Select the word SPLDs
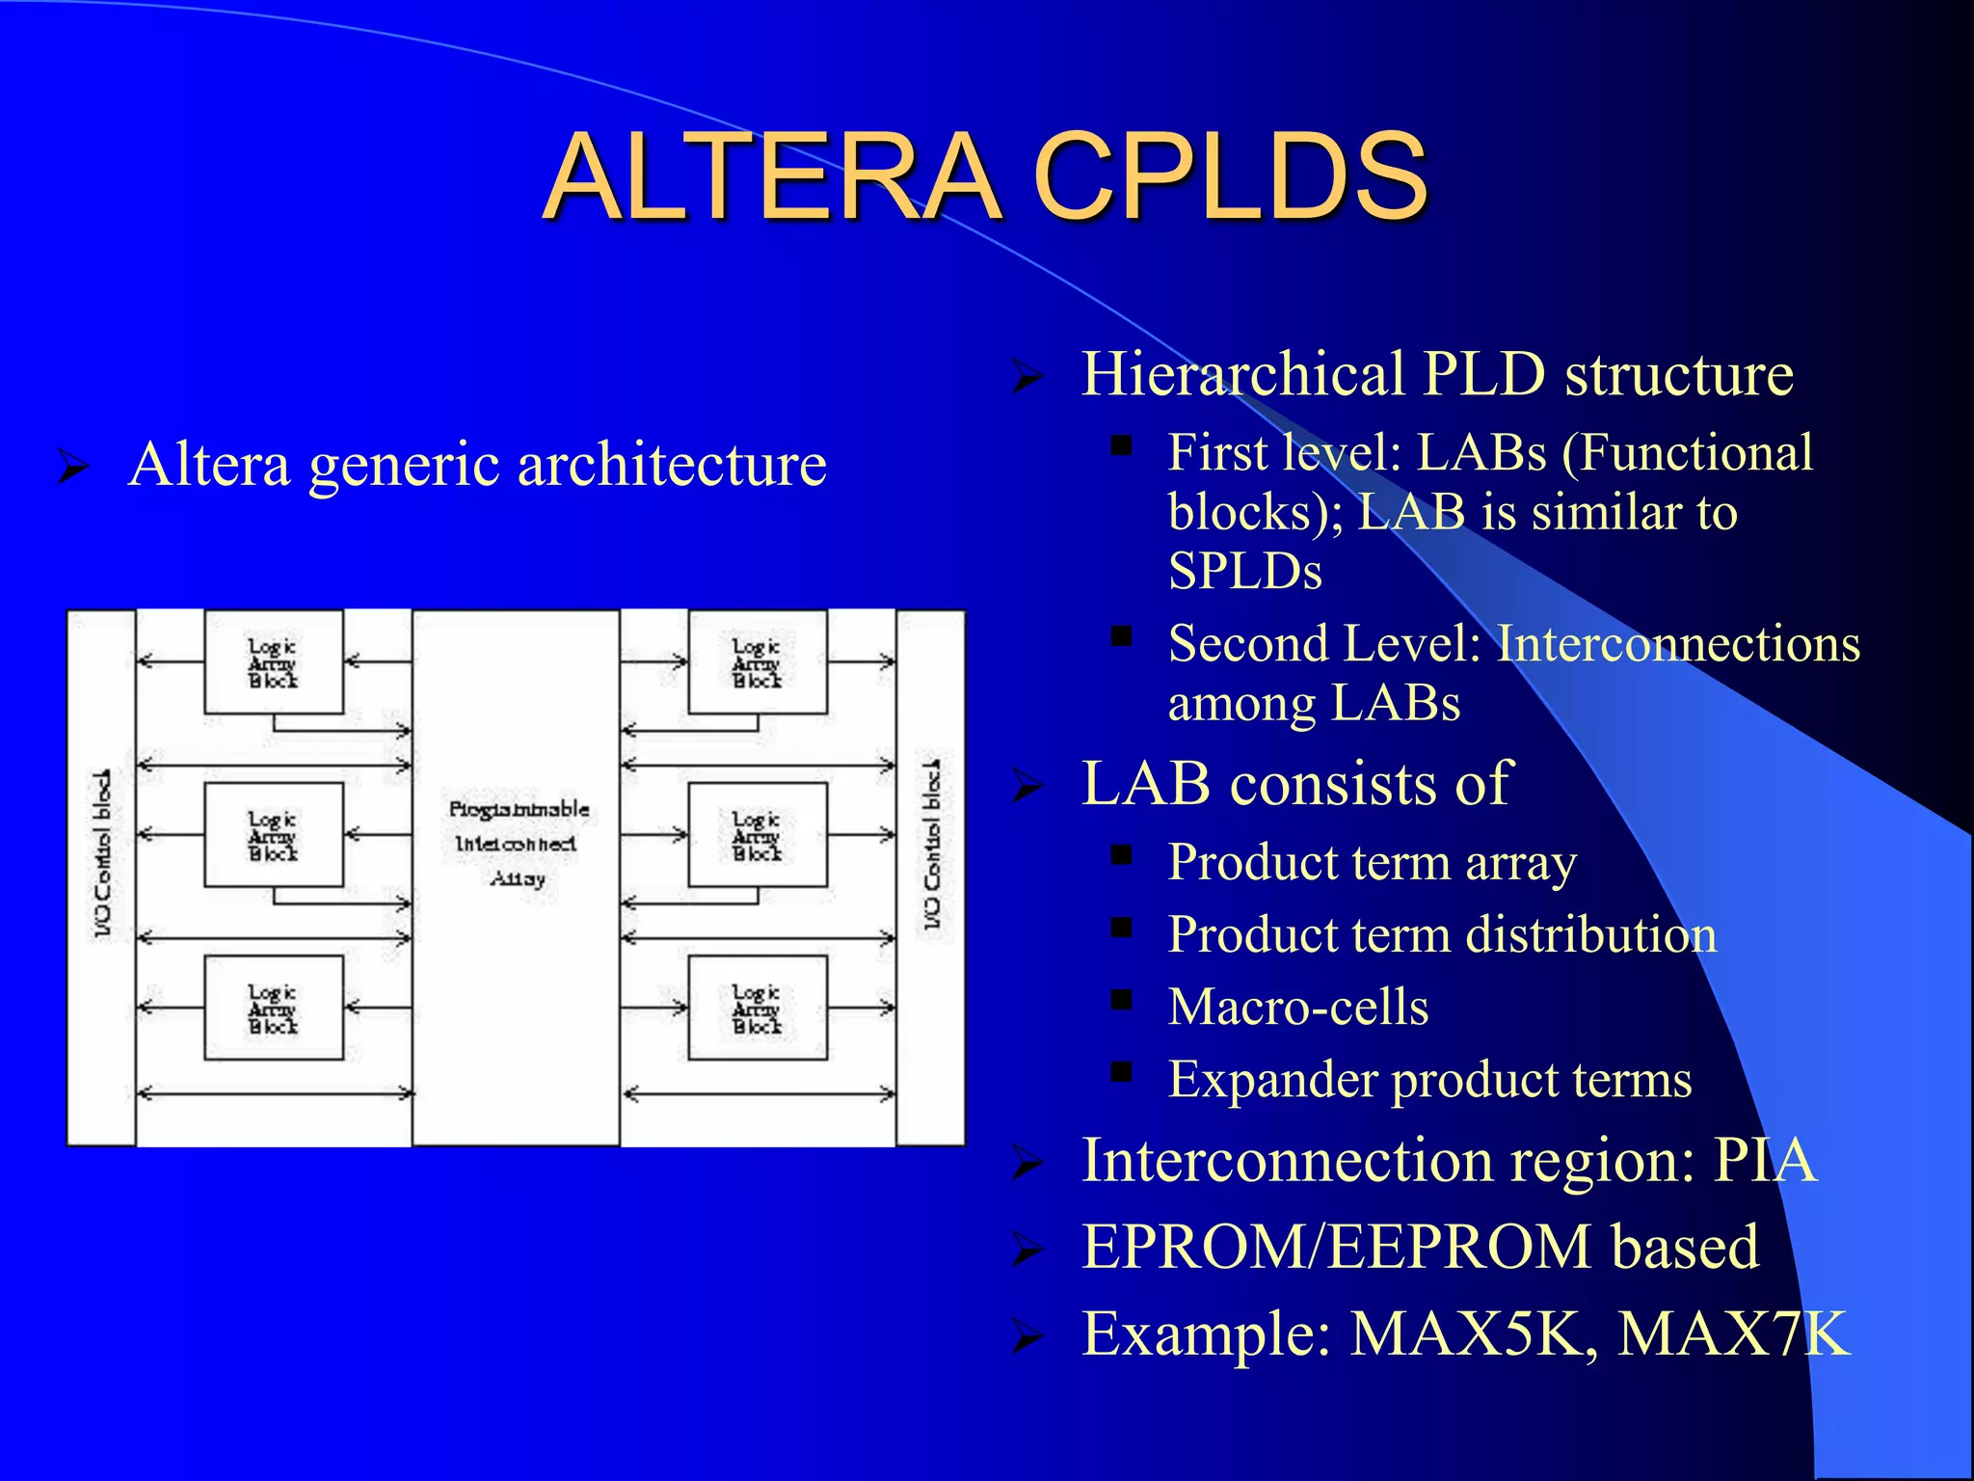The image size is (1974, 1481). click(x=1244, y=571)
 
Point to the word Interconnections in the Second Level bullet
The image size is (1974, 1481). click(x=1677, y=644)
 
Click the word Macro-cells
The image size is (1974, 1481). click(x=1297, y=1008)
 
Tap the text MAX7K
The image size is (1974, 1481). click(x=1733, y=1334)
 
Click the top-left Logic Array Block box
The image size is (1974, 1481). click(x=274, y=662)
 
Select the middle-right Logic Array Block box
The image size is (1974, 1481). click(x=758, y=835)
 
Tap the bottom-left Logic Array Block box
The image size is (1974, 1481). click(x=274, y=1009)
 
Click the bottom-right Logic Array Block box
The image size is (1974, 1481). click(x=758, y=1009)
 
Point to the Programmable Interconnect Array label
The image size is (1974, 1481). click(x=518, y=844)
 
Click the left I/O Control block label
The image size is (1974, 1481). click(x=102, y=853)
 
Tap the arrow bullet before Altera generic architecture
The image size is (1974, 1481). click(x=73, y=467)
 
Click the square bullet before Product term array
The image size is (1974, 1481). click(x=1120, y=855)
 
